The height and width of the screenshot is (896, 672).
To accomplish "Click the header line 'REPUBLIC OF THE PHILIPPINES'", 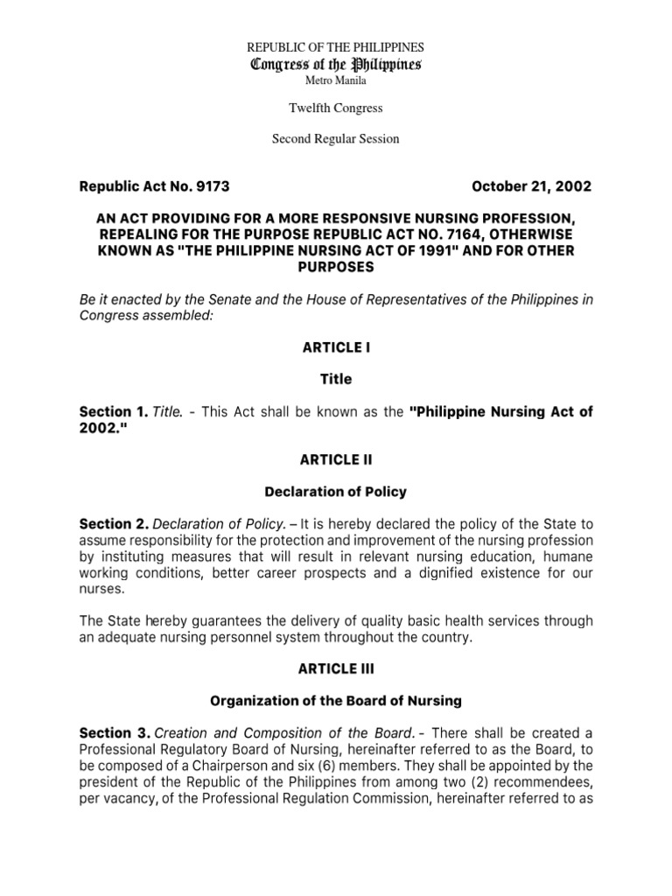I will coord(336,47).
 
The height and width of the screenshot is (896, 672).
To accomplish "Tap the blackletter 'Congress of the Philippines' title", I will coord(336,64).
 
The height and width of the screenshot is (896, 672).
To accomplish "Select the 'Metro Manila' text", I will coord(336,80).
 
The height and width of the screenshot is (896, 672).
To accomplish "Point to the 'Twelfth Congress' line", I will coord(336,108).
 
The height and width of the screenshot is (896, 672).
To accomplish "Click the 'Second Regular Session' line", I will coord(336,138).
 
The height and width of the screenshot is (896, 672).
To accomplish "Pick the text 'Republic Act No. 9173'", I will coord(154,186).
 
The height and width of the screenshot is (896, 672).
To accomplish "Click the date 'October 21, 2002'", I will coord(531,186).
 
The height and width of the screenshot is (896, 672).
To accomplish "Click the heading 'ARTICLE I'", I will coord(336,347).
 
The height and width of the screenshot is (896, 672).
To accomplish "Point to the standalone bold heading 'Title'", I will coord(336,380).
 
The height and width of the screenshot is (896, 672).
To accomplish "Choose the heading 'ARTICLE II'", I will coord(336,460).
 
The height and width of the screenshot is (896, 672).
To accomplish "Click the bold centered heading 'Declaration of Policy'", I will coord(336,492).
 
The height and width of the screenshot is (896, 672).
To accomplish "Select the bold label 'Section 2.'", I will coord(114,524).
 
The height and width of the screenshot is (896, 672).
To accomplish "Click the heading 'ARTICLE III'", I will coord(336,670).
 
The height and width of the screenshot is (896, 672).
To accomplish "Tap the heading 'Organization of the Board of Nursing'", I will coord(336,702).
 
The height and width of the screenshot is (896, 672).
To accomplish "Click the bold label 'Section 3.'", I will coord(114,732).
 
